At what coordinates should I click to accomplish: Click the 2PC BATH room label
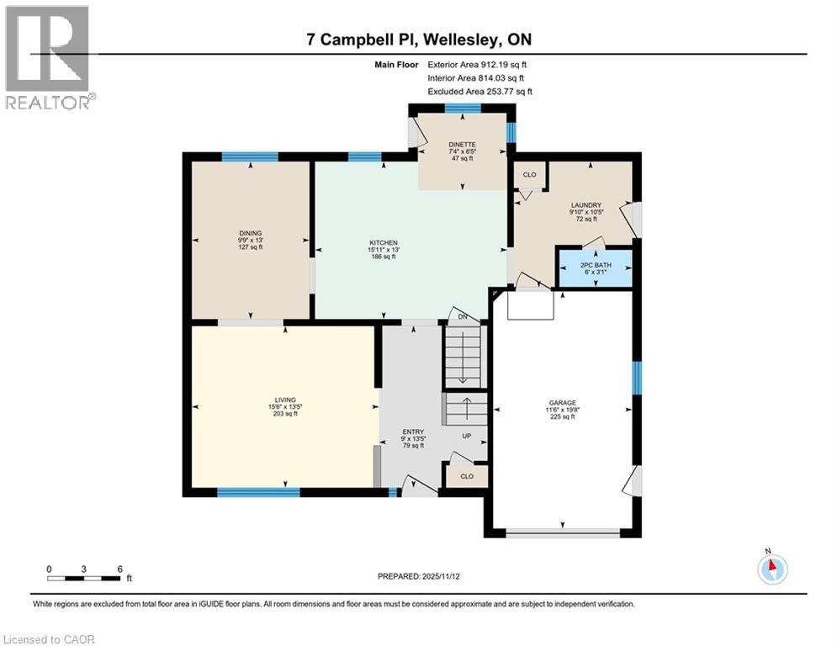click(x=596, y=265)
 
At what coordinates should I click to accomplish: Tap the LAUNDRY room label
click(x=584, y=204)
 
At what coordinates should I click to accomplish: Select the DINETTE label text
click(x=461, y=145)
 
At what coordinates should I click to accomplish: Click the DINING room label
click(x=250, y=234)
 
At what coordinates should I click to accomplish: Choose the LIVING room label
click(x=285, y=401)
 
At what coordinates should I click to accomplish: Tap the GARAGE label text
click(x=562, y=403)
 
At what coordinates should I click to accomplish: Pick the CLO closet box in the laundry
click(x=529, y=175)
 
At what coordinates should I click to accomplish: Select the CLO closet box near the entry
click(x=467, y=476)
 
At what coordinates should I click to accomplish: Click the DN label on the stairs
click(x=463, y=316)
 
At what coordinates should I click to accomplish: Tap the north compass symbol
click(x=771, y=569)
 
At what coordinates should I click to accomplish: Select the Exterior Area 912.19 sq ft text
click(x=479, y=64)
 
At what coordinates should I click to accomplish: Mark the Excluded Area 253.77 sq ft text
click(x=479, y=92)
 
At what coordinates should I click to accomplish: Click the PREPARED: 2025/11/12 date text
click(x=418, y=576)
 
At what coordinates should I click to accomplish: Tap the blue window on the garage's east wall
click(x=637, y=378)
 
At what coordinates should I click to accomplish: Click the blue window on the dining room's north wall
click(x=250, y=156)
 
